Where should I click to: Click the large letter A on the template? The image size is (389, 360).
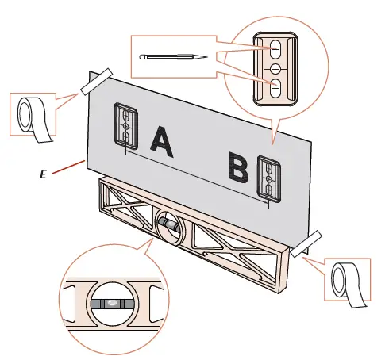point(161,142)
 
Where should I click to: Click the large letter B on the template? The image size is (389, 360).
point(238,167)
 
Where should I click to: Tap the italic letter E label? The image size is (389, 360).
point(43,174)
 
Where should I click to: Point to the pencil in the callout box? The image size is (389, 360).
point(173,57)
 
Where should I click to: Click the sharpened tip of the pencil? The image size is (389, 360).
point(206,57)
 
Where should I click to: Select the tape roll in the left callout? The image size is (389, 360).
point(33,119)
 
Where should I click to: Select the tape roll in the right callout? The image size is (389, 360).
point(349,285)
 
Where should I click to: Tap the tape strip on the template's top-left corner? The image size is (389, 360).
point(97,82)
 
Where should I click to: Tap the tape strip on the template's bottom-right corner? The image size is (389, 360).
point(306,243)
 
